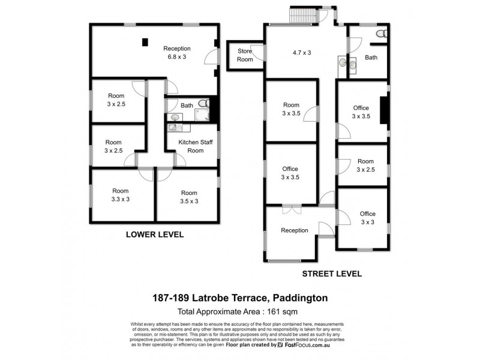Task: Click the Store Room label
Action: pos(244,55)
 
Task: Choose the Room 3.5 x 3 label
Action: pos(189,197)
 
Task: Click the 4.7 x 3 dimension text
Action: pos(301,52)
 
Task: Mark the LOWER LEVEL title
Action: pos(154,234)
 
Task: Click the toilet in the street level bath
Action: pos(380,33)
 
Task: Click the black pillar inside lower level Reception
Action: pos(145,42)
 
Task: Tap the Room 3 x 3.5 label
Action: pos(291,109)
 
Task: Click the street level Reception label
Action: pos(294,230)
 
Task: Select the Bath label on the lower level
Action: pos(187,106)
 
